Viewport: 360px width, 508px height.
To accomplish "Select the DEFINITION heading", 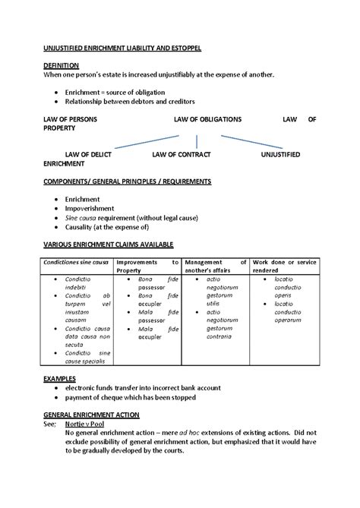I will (62, 66).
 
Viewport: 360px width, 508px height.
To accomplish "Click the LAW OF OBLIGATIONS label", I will (207, 119).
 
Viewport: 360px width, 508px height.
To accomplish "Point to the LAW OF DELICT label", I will (90, 154).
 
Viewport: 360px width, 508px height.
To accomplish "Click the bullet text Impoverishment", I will (90, 207).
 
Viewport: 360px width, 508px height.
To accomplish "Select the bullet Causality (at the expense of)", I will (106, 226).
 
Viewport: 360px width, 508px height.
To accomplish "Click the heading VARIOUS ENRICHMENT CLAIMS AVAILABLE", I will (109, 244).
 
